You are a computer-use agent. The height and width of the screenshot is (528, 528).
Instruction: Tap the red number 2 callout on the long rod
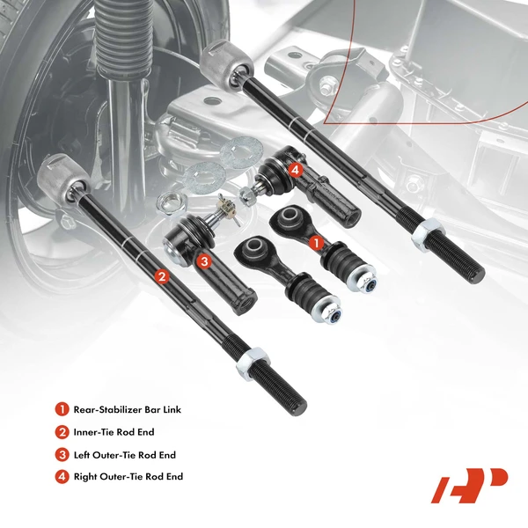[160, 275]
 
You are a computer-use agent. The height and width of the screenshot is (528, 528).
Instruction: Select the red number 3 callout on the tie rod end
[204, 260]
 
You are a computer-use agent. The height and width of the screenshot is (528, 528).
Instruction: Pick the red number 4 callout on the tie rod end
[295, 169]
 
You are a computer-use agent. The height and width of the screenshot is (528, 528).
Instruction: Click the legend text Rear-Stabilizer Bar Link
[128, 409]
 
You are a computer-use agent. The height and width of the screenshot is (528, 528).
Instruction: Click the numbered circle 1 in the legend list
[62, 409]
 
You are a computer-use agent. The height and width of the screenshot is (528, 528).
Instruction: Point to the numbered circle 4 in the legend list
[62, 477]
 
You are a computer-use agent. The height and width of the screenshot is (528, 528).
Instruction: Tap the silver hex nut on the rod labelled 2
[247, 361]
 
